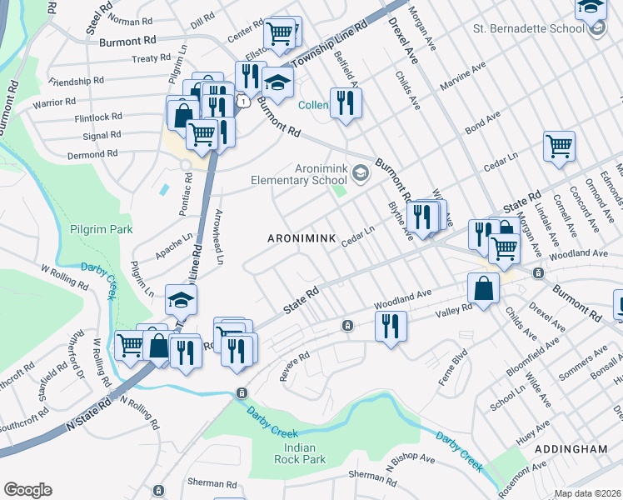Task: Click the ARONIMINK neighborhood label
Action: [301, 239]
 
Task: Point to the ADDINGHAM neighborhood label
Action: [571, 448]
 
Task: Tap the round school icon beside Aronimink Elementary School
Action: [361, 173]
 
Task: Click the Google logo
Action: [27, 490]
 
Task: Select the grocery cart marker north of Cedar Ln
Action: [559, 145]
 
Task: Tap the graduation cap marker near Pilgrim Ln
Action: [181, 298]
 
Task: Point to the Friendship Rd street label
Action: [76, 82]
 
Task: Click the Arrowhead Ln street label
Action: [220, 237]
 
